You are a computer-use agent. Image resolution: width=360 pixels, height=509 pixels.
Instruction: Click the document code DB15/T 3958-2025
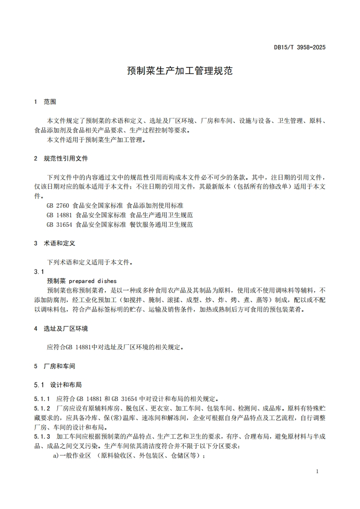coord(300,47)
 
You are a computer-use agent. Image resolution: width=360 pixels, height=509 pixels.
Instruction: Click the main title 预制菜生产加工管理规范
coord(180,71)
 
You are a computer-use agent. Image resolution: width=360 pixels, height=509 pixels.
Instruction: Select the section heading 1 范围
coord(45,102)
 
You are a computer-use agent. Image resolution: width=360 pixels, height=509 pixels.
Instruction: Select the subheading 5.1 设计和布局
coord(58,385)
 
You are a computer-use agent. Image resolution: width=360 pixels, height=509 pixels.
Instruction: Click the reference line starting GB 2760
coord(115,206)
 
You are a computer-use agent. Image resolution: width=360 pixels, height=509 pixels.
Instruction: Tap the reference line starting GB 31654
coord(120,225)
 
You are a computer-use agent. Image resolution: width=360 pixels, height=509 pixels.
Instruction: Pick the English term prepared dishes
coord(93,281)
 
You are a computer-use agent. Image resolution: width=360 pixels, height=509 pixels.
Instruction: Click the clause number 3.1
coord(39,272)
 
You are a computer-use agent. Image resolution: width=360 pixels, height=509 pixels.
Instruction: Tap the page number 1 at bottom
coord(317,471)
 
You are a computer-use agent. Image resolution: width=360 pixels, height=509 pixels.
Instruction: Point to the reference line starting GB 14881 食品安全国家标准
coord(120,215)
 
